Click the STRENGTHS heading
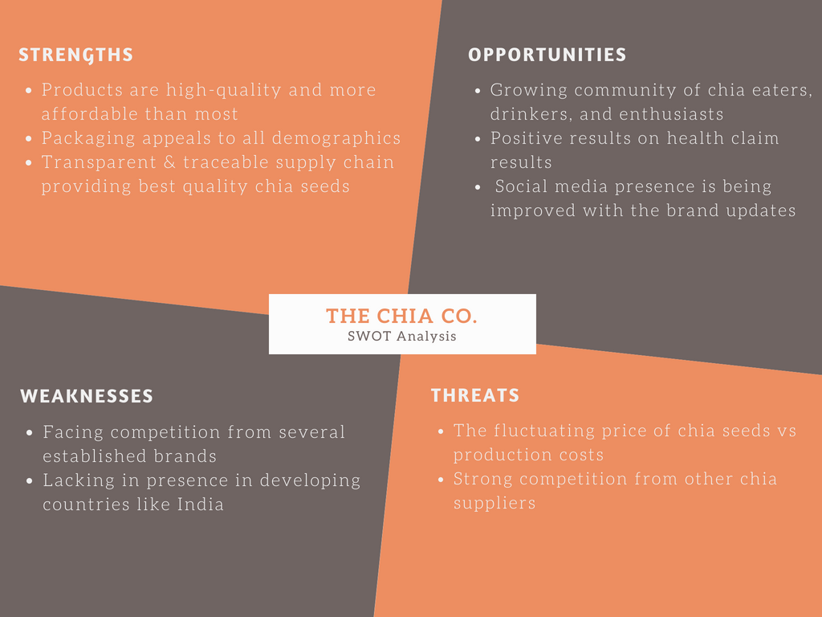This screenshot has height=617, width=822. tap(75, 55)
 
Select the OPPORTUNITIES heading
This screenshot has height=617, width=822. tap(547, 55)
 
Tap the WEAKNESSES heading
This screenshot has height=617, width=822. tap(87, 396)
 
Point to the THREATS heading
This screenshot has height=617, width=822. tap(475, 395)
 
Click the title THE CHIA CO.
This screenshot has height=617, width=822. tap(401, 317)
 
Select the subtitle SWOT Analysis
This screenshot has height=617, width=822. tap(401, 337)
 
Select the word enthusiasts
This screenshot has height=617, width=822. tap(671, 114)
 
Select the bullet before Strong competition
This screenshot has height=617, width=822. tap(441, 480)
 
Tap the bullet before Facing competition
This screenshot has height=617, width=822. tap(29, 433)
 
